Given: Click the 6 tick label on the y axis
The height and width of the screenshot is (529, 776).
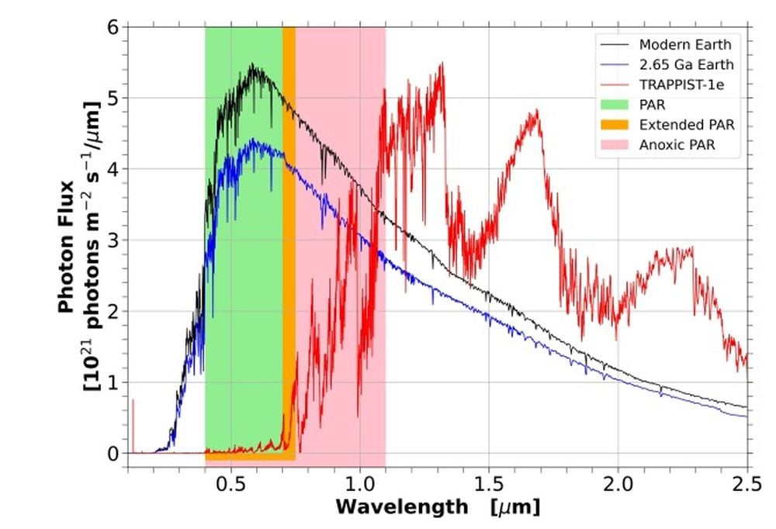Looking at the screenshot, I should (x=113, y=28).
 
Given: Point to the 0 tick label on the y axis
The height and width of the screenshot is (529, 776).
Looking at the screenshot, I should (x=113, y=453).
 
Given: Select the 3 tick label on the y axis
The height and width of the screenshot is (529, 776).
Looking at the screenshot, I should (x=113, y=240).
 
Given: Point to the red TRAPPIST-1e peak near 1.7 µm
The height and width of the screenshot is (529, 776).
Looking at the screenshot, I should (x=535, y=111).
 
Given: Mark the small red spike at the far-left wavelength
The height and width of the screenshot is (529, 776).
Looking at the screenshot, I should (x=133, y=401).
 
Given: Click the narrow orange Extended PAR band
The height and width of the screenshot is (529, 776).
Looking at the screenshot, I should (x=289, y=233).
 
